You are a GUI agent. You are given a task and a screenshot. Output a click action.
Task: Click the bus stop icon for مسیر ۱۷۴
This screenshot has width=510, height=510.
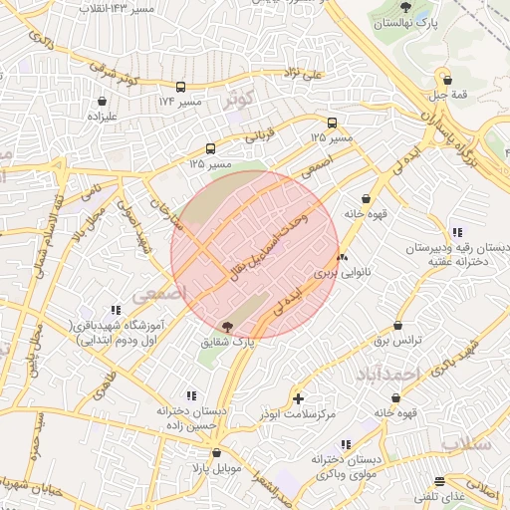pos(180,87)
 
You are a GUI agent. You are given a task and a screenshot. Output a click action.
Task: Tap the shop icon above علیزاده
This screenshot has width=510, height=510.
pos(103,101)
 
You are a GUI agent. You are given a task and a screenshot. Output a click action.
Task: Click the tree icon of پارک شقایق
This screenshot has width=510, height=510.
pos(228,326)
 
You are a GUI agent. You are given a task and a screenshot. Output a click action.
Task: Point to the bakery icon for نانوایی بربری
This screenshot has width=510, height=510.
pos(343,257)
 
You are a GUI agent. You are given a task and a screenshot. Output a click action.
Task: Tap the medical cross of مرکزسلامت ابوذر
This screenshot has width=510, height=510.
pos(299,398)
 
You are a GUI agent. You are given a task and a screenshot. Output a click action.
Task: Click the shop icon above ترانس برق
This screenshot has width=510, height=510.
pos(397,326)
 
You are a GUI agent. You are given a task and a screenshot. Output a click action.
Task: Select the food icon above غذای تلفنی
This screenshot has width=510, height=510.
pos(440,481)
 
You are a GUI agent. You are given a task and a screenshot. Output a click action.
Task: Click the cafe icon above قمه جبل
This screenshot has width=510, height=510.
pos(446,81)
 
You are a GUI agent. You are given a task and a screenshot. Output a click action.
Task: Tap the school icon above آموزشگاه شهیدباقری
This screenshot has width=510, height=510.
pos(117,310)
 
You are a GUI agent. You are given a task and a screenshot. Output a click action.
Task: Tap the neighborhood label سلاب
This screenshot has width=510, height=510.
pos(465,444)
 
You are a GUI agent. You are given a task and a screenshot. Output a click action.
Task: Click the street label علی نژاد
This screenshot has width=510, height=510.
pos(300,74)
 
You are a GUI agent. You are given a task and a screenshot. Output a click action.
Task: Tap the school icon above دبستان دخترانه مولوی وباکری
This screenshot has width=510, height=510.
pos(345,444)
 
